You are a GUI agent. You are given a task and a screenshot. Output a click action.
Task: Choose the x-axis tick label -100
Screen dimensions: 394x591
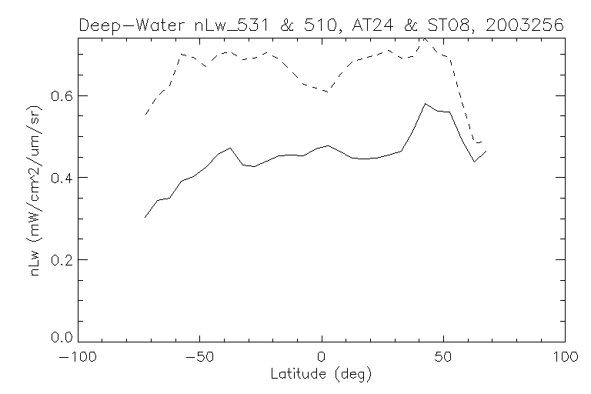tap(78, 358)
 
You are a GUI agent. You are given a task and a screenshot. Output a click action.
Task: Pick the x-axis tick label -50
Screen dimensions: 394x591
tap(200, 358)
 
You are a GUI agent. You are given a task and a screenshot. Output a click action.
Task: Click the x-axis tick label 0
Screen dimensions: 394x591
tap(322, 358)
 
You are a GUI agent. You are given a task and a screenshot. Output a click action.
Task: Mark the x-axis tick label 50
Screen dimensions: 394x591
tap(443, 358)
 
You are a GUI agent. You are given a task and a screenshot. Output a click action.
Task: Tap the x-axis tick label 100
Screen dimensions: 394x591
tap(565, 358)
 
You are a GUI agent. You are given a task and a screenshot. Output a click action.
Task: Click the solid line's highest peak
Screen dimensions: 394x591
tap(424, 103)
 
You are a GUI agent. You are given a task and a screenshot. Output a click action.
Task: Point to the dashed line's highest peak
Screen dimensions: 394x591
tap(424, 38)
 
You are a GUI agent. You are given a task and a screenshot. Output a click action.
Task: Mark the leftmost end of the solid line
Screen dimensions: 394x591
tap(145, 218)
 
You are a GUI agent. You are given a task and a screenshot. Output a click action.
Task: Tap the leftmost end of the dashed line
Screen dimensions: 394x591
tap(145, 115)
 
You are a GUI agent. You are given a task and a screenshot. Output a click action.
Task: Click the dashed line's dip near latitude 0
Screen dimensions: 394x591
tap(328, 92)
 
